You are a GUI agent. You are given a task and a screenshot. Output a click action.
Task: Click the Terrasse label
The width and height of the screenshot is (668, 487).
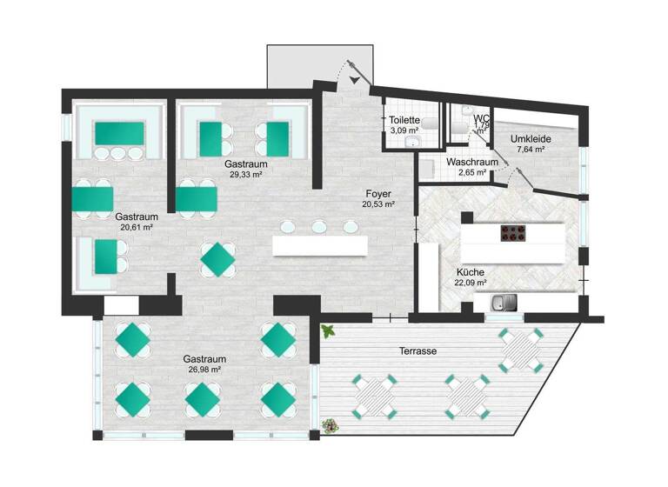[x=417, y=350]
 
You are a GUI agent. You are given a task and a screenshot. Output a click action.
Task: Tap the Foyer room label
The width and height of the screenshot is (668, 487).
[x=378, y=194]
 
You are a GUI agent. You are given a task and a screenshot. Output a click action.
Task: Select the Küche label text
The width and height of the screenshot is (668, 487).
[x=471, y=270]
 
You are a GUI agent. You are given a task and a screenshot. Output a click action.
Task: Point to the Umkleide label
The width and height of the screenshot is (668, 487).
[x=531, y=138]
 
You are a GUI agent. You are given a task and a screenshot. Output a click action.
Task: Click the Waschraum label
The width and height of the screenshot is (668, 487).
[x=472, y=163]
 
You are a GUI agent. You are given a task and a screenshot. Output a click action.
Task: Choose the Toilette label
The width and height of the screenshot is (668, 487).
[x=405, y=120]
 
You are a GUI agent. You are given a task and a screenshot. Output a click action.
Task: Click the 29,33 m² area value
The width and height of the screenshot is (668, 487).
[x=245, y=174]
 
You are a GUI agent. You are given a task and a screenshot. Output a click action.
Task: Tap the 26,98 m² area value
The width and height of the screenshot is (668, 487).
[x=204, y=370]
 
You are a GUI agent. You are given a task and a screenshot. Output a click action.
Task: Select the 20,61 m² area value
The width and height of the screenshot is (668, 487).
[x=137, y=228]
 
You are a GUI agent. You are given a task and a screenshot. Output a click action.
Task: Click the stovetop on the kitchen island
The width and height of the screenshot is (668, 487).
[x=512, y=232]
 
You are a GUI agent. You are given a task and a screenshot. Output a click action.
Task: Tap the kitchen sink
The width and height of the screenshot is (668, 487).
[x=504, y=304]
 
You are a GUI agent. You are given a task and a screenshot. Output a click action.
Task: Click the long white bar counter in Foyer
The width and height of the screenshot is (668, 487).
[x=320, y=246]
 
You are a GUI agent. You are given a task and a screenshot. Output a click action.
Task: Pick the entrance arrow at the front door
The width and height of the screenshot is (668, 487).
[x=357, y=80]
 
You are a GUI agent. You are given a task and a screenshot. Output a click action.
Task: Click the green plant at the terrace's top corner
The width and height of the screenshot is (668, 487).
[x=328, y=330]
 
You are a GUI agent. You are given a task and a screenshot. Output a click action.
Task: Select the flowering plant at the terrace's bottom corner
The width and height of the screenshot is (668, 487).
[x=330, y=425]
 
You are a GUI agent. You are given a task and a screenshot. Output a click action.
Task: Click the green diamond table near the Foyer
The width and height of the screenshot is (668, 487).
[x=217, y=258]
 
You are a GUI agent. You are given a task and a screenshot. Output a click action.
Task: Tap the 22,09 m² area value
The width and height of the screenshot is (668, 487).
[x=471, y=282]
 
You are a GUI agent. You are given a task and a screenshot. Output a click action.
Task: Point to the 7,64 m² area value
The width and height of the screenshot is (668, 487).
[x=531, y=149]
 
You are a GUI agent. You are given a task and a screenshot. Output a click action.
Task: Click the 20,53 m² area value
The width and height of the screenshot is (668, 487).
[x=378, y=204]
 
